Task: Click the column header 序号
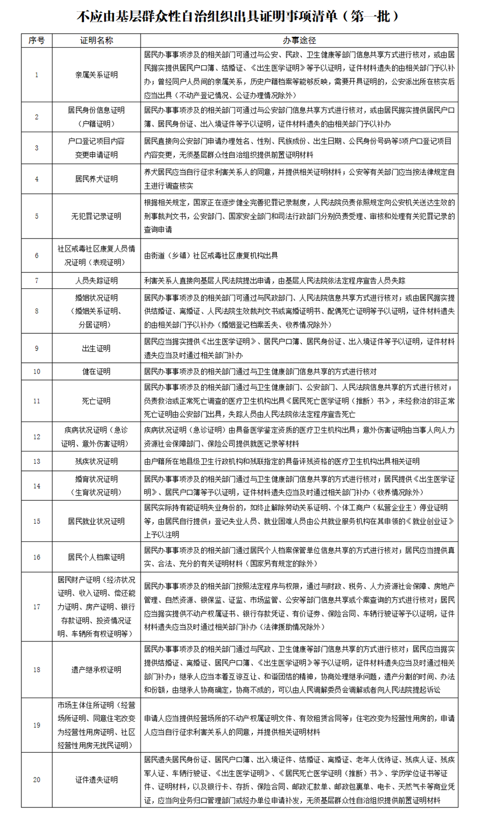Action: click(x=36, y=41)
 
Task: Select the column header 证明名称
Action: click(x=96, y=41)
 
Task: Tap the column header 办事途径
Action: click(x=299, y=41)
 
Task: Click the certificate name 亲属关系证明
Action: click(x=96, y=75)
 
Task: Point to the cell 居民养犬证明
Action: click(x=96, y=179)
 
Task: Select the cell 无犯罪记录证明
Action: click(x=96, y=217)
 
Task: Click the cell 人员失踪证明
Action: click(x=96, y=280)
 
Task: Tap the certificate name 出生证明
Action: click(x=96, y=348)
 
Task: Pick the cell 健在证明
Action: click(x=96, y=371)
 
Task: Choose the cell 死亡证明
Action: click(x=96, y=401)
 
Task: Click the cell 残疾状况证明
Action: click(x=96, y=461)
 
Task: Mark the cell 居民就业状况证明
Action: click(x=96, y=521)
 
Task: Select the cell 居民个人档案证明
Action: click(x=96, y=557)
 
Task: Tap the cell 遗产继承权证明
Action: click(x=96, y=669)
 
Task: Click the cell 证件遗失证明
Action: click(x=96, y=780)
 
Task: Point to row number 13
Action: click(x=36, y=461)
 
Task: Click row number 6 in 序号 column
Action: click(x=36, y=256)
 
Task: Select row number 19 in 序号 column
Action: click(x=36, y=726)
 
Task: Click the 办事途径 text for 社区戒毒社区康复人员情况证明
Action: click(x=211, y=256)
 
